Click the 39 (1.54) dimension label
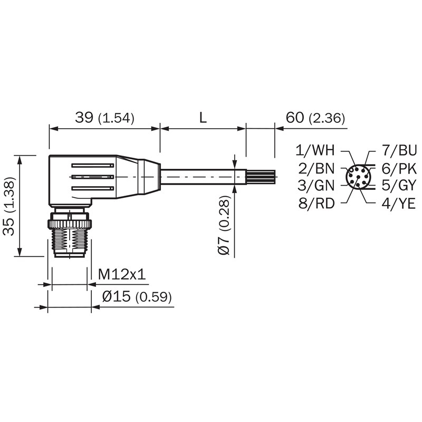point(104,118)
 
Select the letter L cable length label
point(203,118)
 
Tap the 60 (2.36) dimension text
point(315,118)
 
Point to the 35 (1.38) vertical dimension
point(9,206)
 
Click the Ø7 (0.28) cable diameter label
point(224,225)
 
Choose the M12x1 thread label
point(122,274)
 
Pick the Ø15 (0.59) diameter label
point(137,297)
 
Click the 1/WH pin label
point(315,150)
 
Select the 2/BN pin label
point(316,169)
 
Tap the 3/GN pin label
point(315,186)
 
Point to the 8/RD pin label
point(316,203)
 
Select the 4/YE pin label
point(399,203)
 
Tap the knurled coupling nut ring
point(70,224)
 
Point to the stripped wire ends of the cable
point(261,177)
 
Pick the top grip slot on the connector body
point(93,165)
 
